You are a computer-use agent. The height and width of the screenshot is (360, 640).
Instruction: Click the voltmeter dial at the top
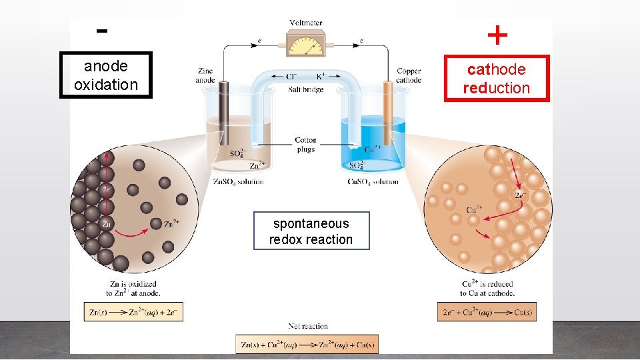click(x=307, y=45)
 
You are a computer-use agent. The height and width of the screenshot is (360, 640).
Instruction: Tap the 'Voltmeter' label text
click(x=306, y=23)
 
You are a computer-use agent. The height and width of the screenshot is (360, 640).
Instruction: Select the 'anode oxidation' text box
click(x=106, y=75)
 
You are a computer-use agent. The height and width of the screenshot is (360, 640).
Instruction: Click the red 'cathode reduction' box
click(x=497, y=79)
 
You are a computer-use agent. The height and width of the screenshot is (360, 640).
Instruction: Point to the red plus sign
click(x=497, y=35)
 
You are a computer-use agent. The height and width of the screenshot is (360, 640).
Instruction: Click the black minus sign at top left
click(x=102, y=31)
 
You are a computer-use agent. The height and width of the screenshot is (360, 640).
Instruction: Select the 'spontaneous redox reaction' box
click(x=311, y=231)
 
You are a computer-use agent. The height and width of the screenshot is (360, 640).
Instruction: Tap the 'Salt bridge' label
click(x=306, y=89)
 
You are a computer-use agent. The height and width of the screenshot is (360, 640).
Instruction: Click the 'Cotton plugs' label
click(x=306, y=145)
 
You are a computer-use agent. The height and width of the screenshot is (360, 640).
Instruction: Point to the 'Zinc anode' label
click(x=205, y=75)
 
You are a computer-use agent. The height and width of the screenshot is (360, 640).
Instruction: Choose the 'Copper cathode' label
click(x=409, y=75)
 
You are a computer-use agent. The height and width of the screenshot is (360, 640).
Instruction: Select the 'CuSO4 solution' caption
click(x=373, y=181)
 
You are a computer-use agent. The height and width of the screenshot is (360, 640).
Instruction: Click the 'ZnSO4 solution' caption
click(x=238, y=181)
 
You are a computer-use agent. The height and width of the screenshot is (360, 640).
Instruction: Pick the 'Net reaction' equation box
click(x=307, y=344)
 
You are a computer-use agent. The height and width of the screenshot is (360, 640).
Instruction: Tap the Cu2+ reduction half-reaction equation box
click(x=487, y=311)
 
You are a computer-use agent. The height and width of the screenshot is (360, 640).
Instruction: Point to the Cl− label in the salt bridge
click(x=291, y=76)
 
